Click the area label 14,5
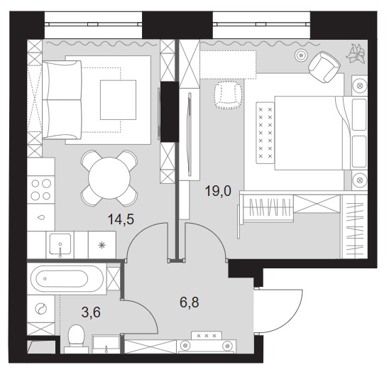tap(121, 219)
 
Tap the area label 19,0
tap(218, 191)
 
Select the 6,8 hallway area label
tap(190, 302)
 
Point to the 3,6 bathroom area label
tap(91, 312)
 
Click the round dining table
tap(109, 178)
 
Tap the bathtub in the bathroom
tap(65, 278)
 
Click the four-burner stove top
tap(41, 190)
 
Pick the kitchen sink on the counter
tap(60, 244)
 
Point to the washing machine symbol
tap(41, 309)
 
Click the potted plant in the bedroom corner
tap(356, 54)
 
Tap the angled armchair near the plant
tap(324, 67)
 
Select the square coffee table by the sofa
tap(118, 100)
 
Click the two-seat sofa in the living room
tap(62, 100)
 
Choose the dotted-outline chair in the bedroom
tap(228, 96)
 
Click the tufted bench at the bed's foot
tap(265, 133)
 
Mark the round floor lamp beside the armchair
tap(301, 55)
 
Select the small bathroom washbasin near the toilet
tap(106, 344)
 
